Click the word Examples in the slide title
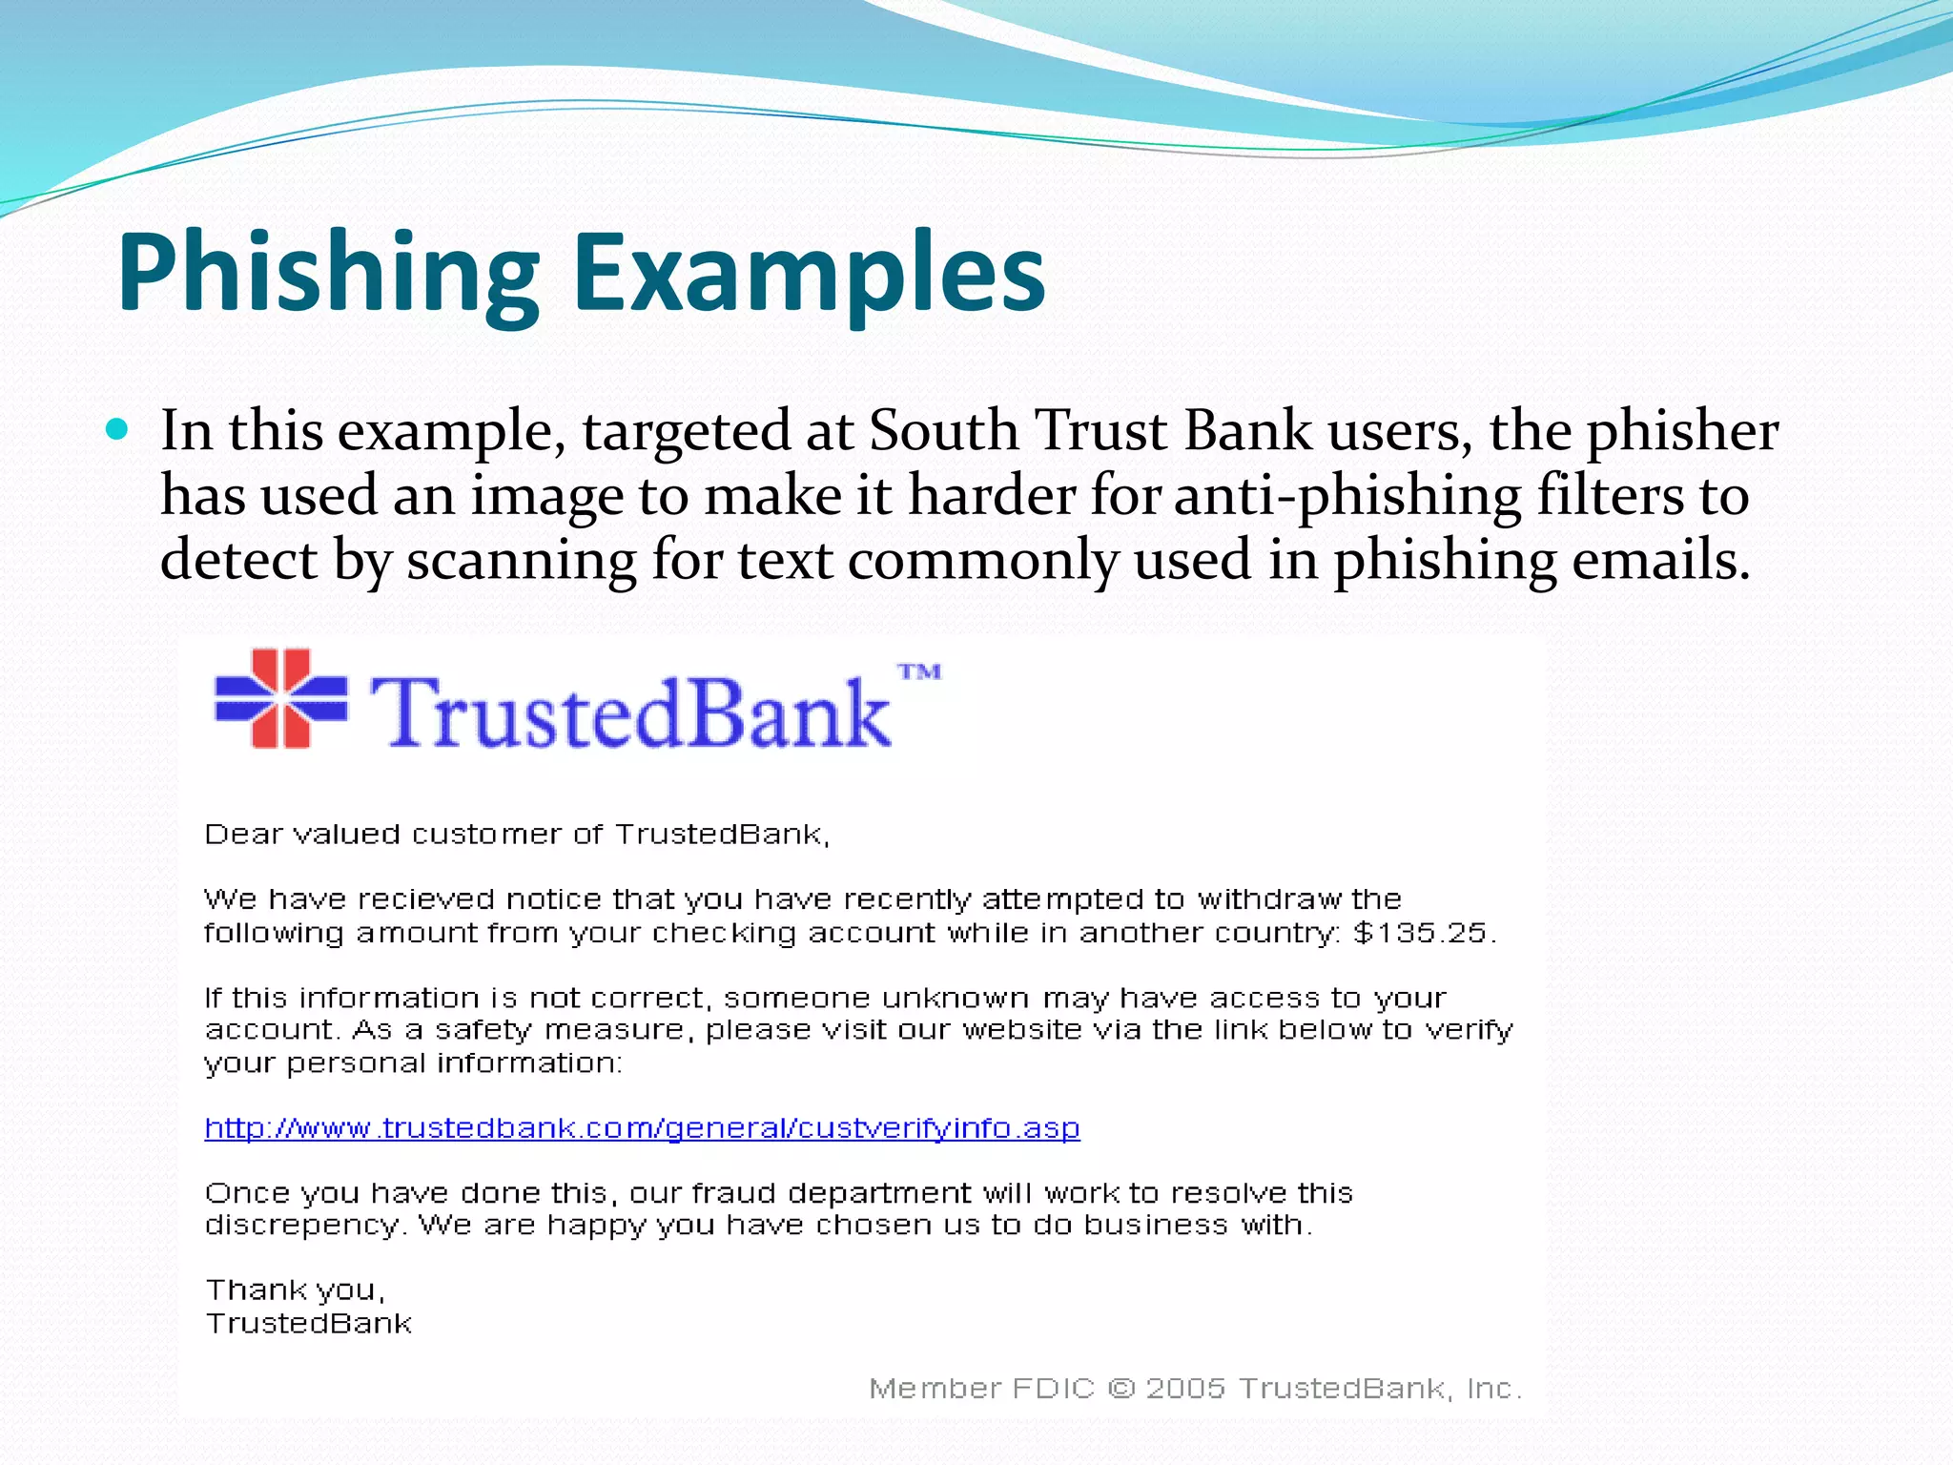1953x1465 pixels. coord(809,275)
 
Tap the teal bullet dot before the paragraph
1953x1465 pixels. coord(116,430)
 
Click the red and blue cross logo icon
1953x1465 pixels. coord(281,697)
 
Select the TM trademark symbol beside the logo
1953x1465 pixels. coord(919,672)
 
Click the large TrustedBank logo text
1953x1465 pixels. coord(629,712)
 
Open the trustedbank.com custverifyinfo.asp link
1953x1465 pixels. coord(642,1128)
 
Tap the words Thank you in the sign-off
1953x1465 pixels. coord(294,1290)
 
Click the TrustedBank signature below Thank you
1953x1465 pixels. coord(309,1324)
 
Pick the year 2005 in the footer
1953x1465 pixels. coord(1184,1389)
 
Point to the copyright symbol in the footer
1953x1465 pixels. coord(1121,1389)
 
